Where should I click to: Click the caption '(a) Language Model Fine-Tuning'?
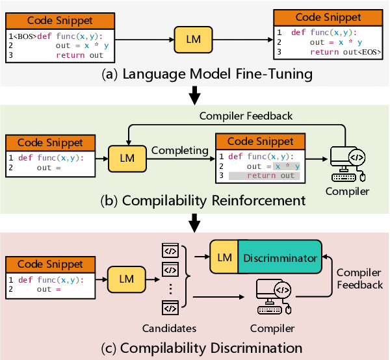pos(194,74)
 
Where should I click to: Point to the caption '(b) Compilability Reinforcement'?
pos(194,200)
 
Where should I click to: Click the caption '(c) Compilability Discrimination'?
pos(194,348)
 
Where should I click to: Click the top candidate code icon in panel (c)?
pos(170,250)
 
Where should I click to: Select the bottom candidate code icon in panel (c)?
pos(170,308)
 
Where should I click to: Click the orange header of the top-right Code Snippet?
pos(327,18)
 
